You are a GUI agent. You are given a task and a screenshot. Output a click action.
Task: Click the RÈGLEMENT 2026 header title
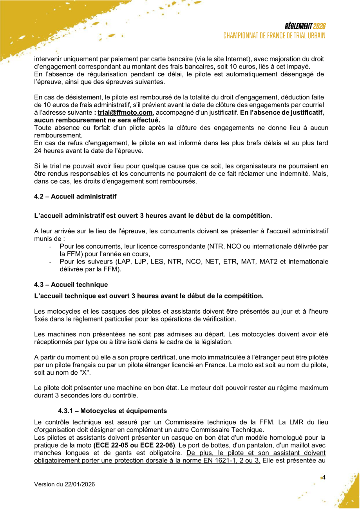pyautogui.click(x=305, y=26)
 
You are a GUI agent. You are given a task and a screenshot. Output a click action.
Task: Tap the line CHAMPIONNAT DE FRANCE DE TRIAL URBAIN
pyautogui.click(x=274, y=36)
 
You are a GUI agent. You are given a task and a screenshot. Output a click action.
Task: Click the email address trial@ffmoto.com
pyautogui.click(x=125, y=113)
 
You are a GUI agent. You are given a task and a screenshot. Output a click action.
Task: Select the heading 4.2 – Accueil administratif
pyautogui.click(x=75, y=197)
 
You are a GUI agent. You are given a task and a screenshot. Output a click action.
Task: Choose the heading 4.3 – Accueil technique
pyautogui.click(x=71, y=284)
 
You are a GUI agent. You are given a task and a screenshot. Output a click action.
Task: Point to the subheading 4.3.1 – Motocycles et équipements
pyautogui.click(x=112, y=411)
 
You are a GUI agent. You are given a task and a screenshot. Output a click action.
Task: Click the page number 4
pyautogui.click(x=324, y=477)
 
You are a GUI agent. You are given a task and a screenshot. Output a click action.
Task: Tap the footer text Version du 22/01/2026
pyautogui.click(x=65, y=484)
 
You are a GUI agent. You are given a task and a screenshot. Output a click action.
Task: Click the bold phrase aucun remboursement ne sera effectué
pyautogui.click(x=97, y=120)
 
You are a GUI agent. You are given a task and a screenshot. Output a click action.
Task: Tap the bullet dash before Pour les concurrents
pyautogui.click(x=51, y=247)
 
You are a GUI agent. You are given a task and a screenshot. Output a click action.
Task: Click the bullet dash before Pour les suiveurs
pyautogui.click(x=51, y=262)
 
